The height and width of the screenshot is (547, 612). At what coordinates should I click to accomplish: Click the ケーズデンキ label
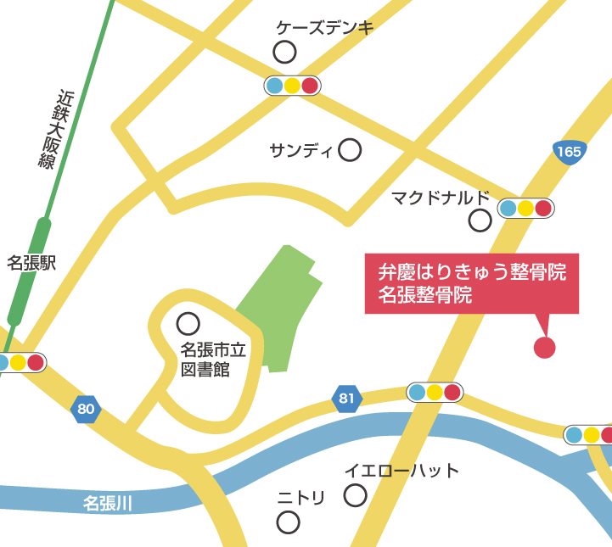click(x=325, y=28)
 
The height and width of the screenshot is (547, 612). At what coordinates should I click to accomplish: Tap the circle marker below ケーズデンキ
click(x=284, y=53)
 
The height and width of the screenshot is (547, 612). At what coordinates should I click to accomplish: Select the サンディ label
click(x=301, y=151)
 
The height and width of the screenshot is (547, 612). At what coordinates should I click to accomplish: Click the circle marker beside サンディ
click(x=350, y=151)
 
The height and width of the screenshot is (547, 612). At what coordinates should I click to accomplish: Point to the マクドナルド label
click(x=441, y=198)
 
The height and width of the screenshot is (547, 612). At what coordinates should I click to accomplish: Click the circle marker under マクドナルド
click(x=480, y=221)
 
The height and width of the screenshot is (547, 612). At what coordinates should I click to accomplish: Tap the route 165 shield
click(x=570, y=152)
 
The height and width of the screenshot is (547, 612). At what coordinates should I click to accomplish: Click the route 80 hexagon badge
click(x=86, y=410)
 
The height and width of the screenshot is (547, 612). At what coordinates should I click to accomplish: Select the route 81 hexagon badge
click(x=347, y=398)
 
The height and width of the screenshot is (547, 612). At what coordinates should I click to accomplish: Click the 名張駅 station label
click(x=31, y=263)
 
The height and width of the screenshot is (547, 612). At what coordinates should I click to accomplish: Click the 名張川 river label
click(x=108, y=504)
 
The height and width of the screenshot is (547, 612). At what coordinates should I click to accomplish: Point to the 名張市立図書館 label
click(x=213, y=359)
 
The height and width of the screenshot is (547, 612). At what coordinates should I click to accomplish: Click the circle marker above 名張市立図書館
click(x=188, y=323)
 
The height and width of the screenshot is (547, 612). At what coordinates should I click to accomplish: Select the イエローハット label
click(x=401, y=471)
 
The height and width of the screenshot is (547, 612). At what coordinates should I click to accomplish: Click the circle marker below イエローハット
click(x=355, y=494)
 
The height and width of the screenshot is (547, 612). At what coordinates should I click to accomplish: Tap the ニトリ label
click(x=301, y=499)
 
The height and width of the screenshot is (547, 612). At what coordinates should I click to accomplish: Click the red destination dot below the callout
click(x=544, y=347)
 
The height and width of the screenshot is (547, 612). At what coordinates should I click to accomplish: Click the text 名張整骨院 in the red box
click(x=424, y=296)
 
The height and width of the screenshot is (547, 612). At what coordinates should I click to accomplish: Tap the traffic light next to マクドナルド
click(x=525, y=208)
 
